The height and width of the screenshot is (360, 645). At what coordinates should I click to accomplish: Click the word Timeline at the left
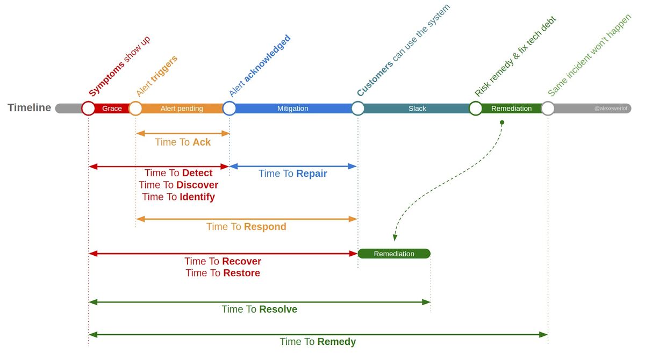point(30,107)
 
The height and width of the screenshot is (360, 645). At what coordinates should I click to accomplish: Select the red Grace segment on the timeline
point(112,109)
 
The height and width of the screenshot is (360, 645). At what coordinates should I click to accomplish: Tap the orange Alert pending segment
point(182,109)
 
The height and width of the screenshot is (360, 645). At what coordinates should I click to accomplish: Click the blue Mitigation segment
point(292,109)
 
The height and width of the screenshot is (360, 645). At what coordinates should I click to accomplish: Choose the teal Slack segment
point(417,109)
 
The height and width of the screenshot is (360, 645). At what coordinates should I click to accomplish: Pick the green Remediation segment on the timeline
point(511,109)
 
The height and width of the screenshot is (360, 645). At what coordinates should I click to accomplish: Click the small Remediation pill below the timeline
point(394,254)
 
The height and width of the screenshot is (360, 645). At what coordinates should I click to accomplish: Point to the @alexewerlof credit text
point(611,109)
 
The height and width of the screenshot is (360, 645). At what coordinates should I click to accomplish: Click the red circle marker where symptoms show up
point(88,109)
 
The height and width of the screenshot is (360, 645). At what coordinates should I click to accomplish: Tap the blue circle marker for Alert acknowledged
point(230,109)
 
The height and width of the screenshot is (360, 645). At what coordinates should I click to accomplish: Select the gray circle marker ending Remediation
point(548,109)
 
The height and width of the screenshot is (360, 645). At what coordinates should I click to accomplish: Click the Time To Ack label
point(183,142)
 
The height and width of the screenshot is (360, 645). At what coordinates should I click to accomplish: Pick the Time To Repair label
point(292,174)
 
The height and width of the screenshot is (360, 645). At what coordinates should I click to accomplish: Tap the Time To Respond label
point(246,227)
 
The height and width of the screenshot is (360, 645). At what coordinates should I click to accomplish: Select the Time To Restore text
point(223,273)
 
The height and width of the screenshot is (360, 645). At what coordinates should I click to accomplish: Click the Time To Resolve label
point(259,309)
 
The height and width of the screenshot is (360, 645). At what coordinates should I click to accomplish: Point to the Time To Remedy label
point(318,342)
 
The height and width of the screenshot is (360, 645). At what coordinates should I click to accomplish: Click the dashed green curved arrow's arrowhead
point(395,238)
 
